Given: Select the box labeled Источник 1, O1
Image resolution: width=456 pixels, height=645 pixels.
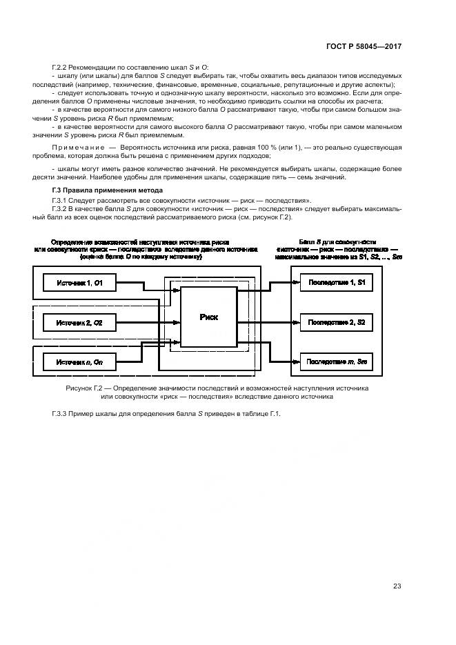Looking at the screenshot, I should click(x=80, y=283).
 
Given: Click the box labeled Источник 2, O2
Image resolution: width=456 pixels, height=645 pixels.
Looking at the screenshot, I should click(x=80, y=322).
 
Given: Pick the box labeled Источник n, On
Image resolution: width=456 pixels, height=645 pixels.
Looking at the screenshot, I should click(x=80, y=361).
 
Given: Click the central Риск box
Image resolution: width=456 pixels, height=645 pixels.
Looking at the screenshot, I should click(x=208, y=317).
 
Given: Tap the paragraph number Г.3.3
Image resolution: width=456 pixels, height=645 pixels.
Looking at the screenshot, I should click(x=61, y=413).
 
